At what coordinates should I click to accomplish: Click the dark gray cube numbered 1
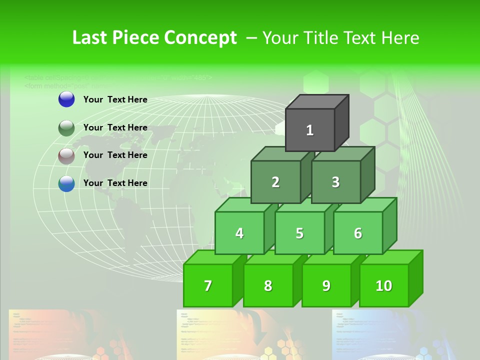pos(310,130)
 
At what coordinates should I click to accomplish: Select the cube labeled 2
pos(275,182)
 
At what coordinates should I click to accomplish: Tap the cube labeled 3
pos(335,182)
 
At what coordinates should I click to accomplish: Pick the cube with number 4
pos(239,233)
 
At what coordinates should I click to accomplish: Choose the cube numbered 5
pos(299,233)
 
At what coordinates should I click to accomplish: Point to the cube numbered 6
pos(358,233)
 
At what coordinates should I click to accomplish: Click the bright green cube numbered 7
pos(208,285)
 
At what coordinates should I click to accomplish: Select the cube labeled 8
pos(268,285)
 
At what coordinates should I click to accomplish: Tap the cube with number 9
pos(326,285)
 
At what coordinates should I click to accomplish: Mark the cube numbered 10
pos(384,285)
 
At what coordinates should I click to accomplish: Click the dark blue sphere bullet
pos(66,99)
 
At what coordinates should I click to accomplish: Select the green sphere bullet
pos(66,128)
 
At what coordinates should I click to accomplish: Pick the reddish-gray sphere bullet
pos(66,155)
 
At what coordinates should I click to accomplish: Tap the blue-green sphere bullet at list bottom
pos(66,183)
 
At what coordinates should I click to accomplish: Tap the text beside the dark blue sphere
pos(115,99)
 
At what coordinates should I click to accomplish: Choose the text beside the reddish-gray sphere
pos(115,155)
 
